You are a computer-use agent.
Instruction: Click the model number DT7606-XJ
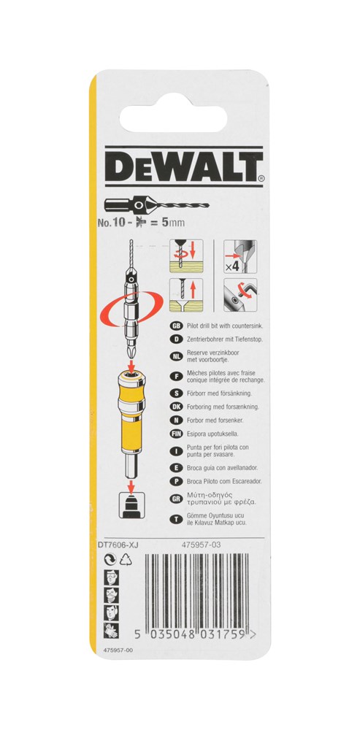tap(119, 543)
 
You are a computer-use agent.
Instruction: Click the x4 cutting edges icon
tap(240, 256)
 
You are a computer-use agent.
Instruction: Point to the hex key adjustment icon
tap(240, 295)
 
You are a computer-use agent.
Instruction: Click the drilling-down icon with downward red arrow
tap(186, 256)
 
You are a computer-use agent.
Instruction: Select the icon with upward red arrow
tap(186, 295)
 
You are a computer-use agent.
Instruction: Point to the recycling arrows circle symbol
tap(111, 560)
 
